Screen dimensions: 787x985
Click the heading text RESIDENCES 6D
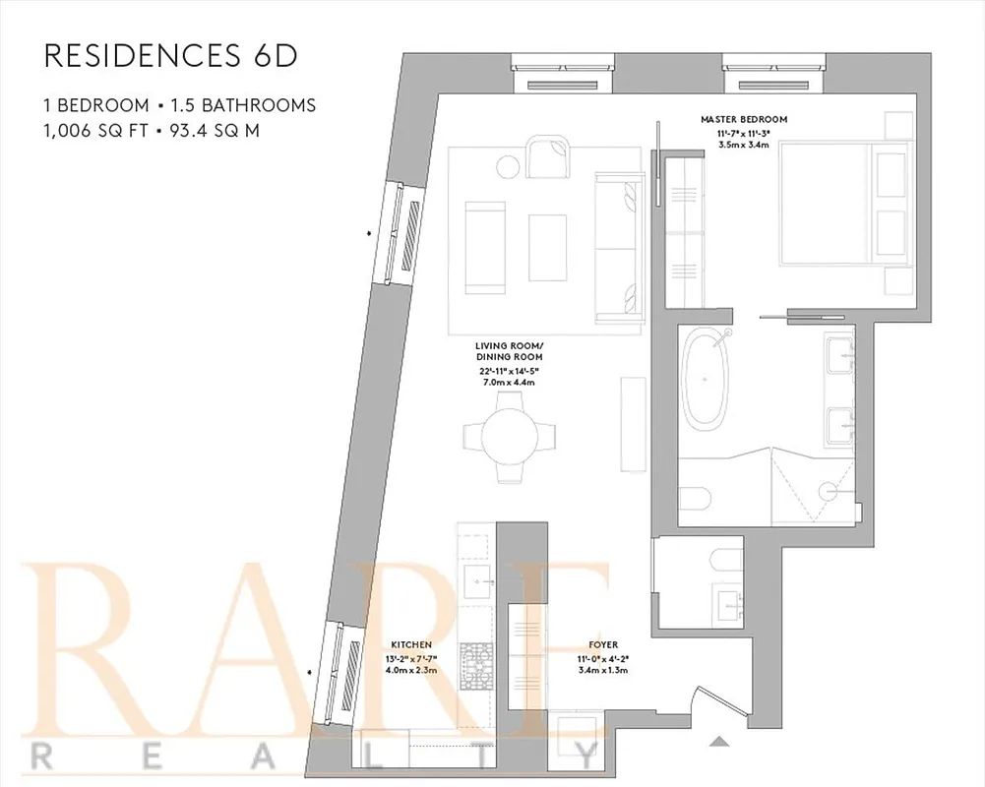pyautogui.click(x=170, y=56)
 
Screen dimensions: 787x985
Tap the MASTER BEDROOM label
pyautogui.click(x=744, y=120)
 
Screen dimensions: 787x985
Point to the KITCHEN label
pyautogui.click(x=411, y=645)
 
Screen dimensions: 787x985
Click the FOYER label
pyautogui.click(x=604, y=645)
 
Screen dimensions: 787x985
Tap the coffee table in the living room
pyautogui.click(x=548, y=246)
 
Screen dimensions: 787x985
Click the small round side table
pyautogui.click(x=508, y=166)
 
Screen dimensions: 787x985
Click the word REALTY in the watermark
pyautogui.click(x=315, y=756)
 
